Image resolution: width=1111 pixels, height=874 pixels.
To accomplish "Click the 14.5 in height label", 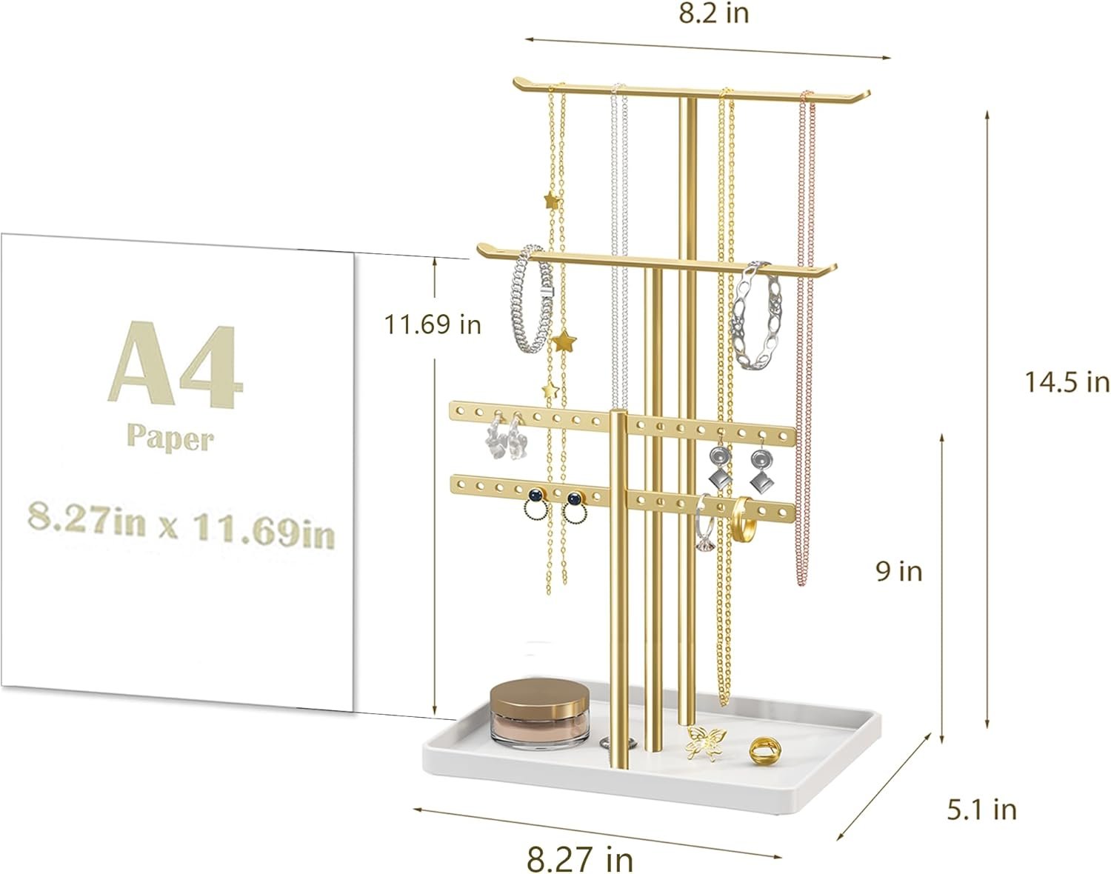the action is tap(1067, 382).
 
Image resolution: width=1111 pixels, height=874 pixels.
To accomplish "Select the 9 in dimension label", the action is tap(899, 572).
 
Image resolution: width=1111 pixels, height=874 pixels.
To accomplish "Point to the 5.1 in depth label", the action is tap(981, 810).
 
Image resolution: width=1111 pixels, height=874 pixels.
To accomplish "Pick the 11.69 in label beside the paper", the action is tap(433, 324).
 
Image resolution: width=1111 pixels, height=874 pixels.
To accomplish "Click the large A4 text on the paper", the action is tap(176, 364).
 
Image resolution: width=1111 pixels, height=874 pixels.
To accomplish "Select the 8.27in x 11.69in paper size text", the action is tap(181, 524).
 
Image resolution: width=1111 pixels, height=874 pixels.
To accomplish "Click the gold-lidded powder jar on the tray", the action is tap(539, 714).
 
